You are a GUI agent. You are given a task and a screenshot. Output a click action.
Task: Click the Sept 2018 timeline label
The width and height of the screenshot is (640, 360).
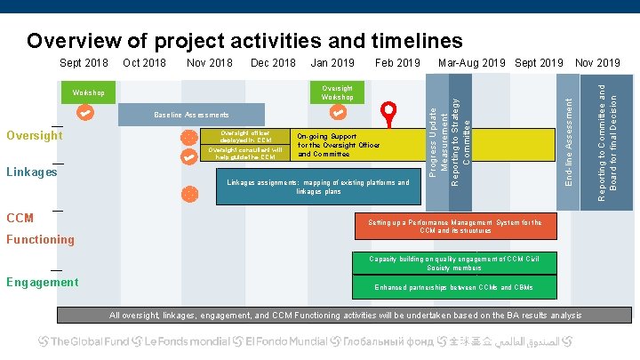84,63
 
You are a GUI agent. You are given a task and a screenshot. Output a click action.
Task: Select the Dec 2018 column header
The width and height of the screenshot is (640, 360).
273,63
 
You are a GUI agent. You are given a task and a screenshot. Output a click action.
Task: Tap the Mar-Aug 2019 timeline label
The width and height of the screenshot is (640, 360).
471,63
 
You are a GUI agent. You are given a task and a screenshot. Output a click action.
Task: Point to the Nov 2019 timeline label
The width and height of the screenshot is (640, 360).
598,63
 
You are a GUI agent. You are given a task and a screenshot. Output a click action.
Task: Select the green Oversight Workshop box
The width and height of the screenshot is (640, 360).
338,92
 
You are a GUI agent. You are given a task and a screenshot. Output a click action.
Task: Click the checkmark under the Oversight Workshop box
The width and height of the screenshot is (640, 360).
338,113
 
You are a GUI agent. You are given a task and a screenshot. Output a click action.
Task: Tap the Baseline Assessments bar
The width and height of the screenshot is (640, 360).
191,115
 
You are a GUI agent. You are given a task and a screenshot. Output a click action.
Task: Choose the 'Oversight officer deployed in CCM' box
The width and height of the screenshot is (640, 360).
244,136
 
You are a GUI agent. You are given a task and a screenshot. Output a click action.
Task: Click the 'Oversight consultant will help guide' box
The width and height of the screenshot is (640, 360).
244,154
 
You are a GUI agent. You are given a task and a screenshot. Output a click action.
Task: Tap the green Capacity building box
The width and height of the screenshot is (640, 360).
454,263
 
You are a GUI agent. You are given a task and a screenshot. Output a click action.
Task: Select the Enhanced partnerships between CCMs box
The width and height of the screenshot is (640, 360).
454,287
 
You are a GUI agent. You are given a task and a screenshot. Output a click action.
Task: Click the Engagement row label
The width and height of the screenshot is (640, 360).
42,282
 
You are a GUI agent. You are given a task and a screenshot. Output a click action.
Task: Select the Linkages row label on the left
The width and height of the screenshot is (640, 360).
32,172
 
